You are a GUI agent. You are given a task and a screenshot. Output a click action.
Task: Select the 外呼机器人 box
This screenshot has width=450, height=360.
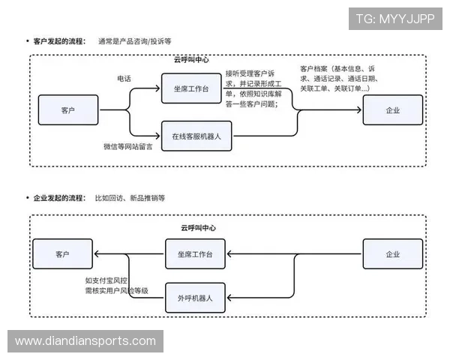pyautogui.click(x=195, y=298)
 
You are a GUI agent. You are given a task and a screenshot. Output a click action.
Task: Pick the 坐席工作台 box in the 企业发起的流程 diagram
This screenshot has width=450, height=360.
pyautogui.click(x=195, y=255)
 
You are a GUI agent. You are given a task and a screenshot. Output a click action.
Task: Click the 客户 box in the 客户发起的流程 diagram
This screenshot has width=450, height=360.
pyautogui.click(x=68, y=110)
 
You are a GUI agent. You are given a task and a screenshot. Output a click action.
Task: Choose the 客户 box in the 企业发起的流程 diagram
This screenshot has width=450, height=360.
pyautogui.click(x=62, y=254)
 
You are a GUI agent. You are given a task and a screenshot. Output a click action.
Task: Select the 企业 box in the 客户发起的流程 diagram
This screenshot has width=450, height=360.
pyautogui.click(x=392, y=110)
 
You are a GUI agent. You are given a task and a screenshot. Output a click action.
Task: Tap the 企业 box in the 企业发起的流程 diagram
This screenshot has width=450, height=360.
pyautogui.click(x=392, y=254)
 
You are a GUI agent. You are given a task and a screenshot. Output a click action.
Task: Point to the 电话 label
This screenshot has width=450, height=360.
pyautogui.click(x=124, y=78)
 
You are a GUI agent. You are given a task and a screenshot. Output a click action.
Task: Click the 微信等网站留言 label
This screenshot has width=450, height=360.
pyautogui.click(x=128, y=146)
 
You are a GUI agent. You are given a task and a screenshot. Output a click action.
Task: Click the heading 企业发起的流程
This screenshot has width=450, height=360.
pyautogui.click(x=60, y=198)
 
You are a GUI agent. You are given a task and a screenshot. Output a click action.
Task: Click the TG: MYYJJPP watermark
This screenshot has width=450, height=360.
pyautogui.click(x=395, y=19)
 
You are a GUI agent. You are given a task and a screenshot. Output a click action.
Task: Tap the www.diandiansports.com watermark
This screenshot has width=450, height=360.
pyautogui.click(x=85, y=341)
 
